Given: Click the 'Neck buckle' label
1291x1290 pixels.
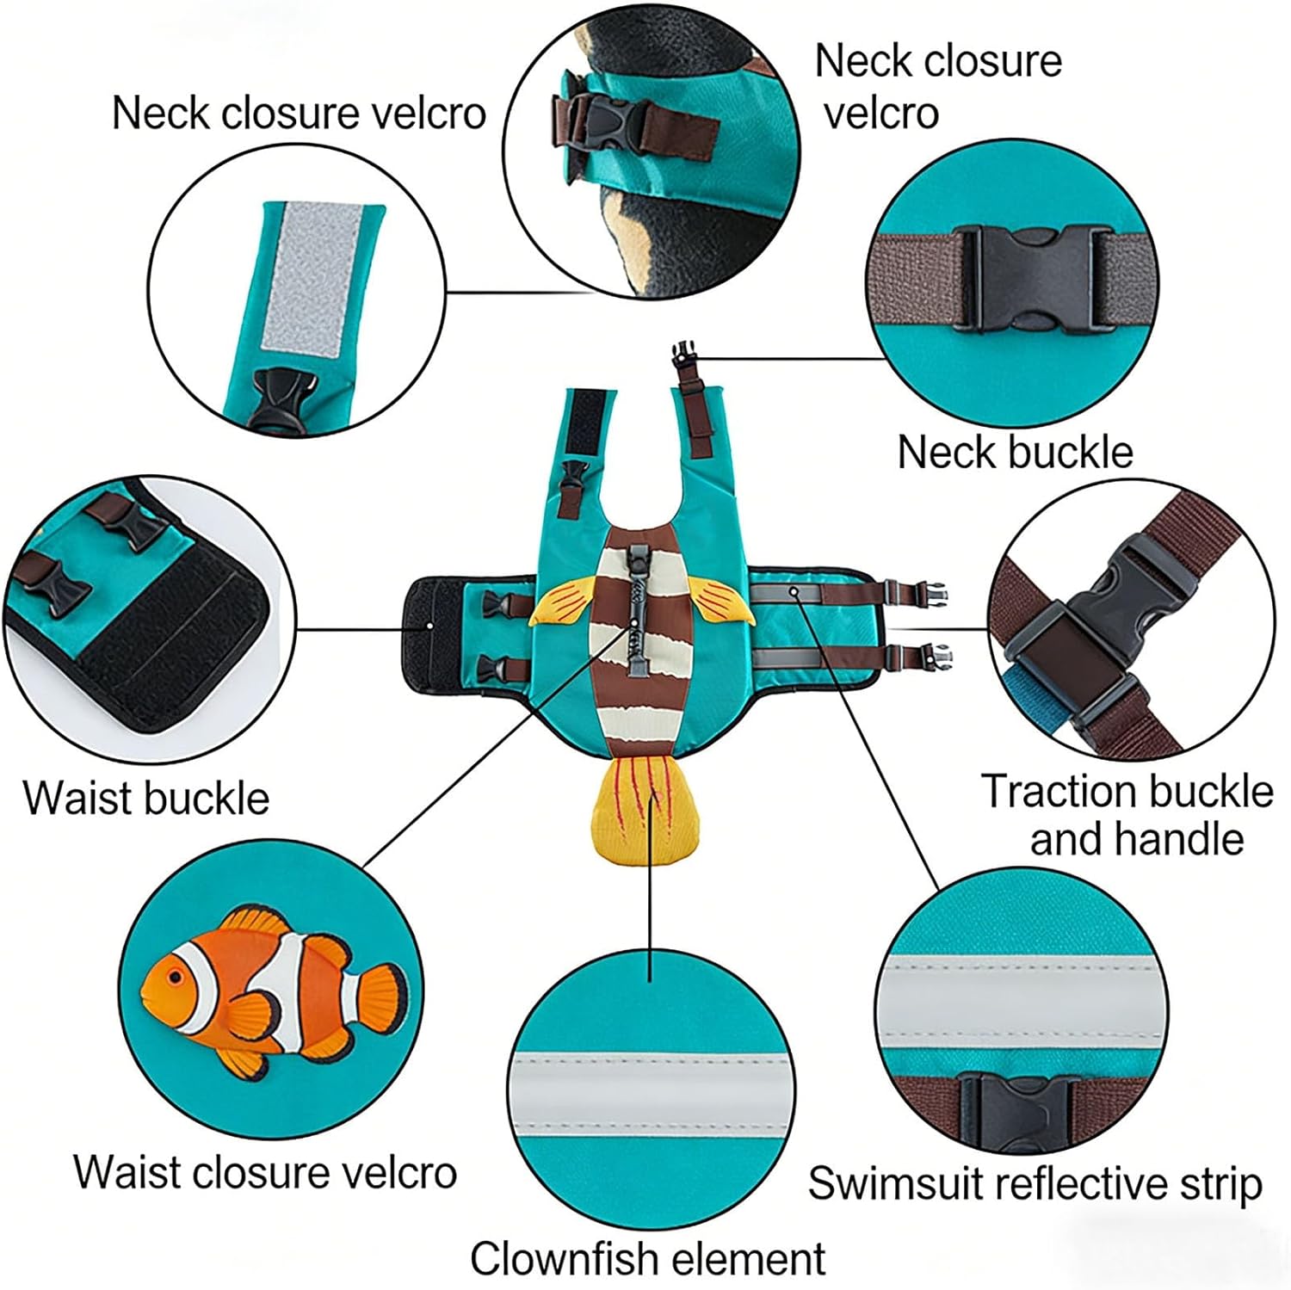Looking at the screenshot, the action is tap(1015, 452).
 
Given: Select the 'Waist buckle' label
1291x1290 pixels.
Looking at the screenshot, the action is tap(145, 798).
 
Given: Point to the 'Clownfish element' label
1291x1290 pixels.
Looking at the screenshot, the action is tap(647, 1259).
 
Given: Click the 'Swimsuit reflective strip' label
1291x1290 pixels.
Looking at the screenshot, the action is tap(1035, 1184).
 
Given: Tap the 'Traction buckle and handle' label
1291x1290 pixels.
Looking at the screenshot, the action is tap(1127, 814).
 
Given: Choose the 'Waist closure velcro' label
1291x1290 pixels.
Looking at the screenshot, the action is tap(265, 1172).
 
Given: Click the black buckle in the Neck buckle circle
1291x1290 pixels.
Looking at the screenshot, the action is tap(1034, 279).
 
